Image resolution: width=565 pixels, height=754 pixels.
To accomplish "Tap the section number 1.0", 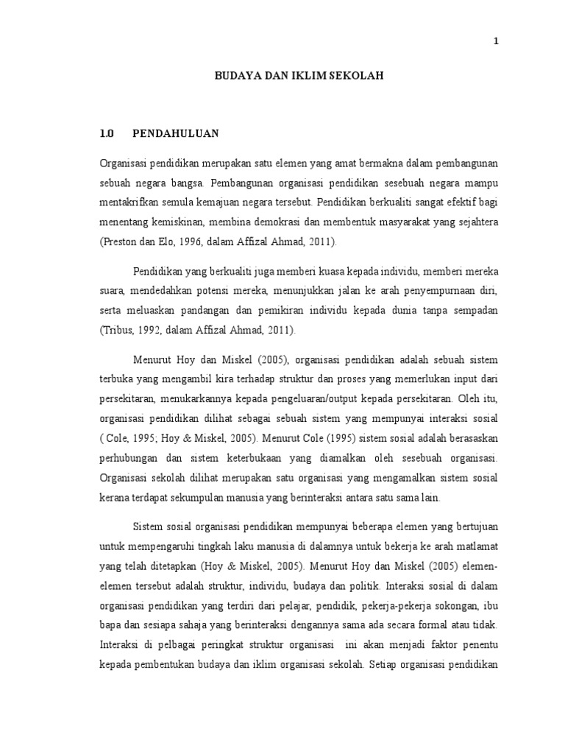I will click(108, 134).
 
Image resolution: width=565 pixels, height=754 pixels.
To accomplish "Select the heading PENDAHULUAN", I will click(176, 134).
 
